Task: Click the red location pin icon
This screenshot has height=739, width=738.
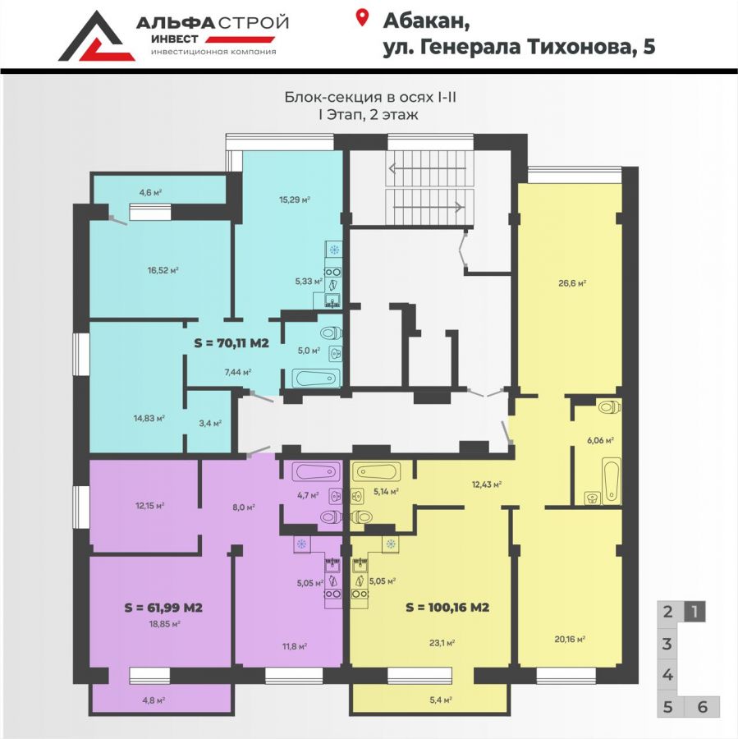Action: [x=361, y=17]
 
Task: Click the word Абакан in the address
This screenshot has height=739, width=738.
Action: [x=426, y=21]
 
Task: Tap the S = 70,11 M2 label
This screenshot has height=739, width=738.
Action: [x=231, y=343]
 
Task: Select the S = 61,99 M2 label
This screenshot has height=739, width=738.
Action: [x=163, y=608]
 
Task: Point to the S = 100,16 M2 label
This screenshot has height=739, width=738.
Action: [x=447, y=608]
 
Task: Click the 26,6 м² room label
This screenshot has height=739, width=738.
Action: [x=572, y=283]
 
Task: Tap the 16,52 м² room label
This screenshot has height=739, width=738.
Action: [x=163, y=270]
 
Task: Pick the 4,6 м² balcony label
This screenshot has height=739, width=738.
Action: [x=150, y=192]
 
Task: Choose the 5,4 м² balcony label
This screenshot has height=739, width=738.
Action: [x=442, y=700]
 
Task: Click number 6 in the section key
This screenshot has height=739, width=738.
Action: [x=702, y=707]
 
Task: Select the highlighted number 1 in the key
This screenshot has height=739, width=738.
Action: [x=694, y=612]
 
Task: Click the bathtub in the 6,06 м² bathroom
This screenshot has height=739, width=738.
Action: [x=611, y=480]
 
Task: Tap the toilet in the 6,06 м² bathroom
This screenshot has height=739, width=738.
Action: [x=609, y=406]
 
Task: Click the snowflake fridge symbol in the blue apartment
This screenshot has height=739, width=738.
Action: [x=334, y=250]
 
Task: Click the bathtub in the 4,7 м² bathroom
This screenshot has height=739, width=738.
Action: [x=316, y=471]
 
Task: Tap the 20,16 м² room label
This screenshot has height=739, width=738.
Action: [x=570, y=640]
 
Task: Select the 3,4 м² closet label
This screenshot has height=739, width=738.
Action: [x=210, y=423]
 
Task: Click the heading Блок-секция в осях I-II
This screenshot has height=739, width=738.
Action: [x=370, y=97]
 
